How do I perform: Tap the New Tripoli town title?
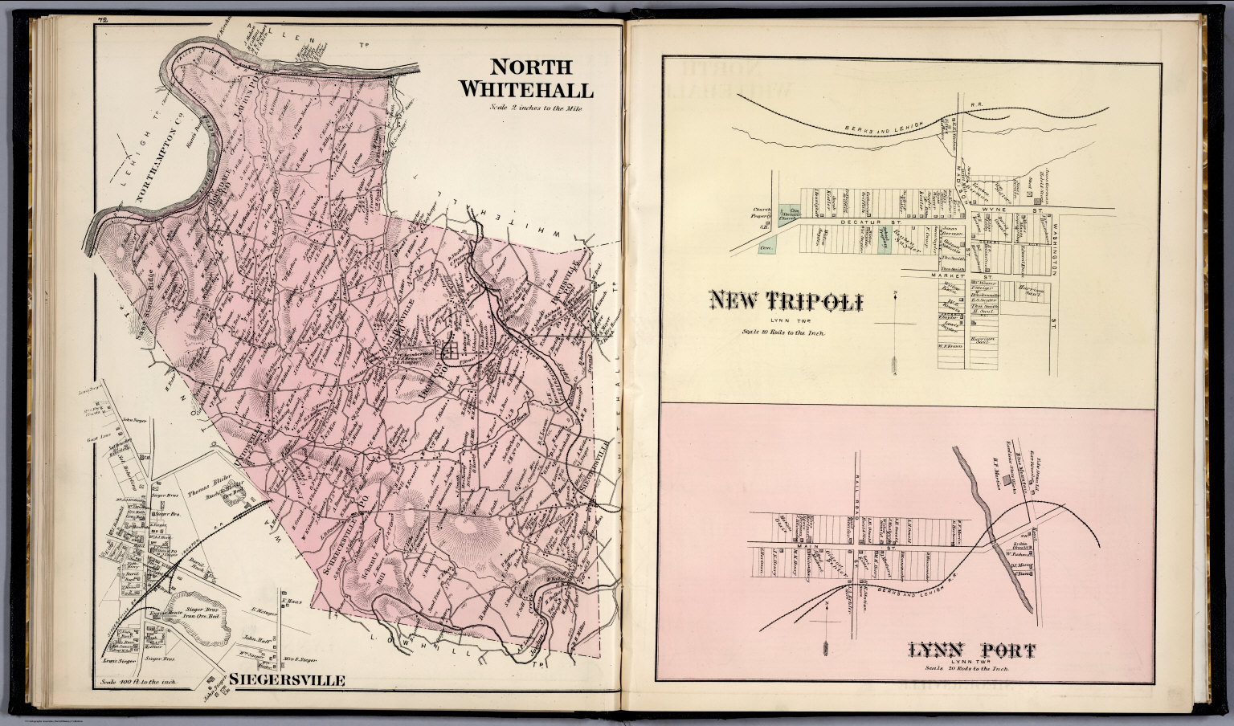(x=786, y=302)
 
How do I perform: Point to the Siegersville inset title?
(x=287, y=680)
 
